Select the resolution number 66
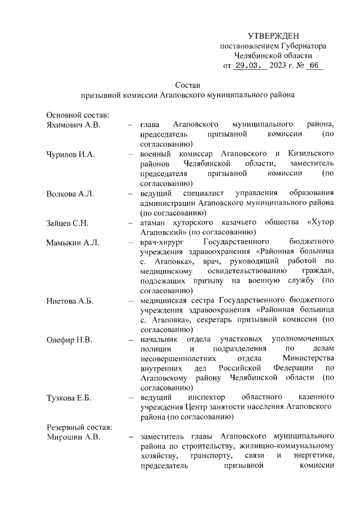tap(313, 66)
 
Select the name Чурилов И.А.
tap(70, 154)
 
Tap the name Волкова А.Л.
tap(70, 193)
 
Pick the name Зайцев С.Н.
tap(67, 223)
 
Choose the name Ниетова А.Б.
tap(69, 301)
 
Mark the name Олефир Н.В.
tap(69, 340)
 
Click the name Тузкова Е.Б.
tap(70, 398)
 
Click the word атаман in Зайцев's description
tap(155, 223)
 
